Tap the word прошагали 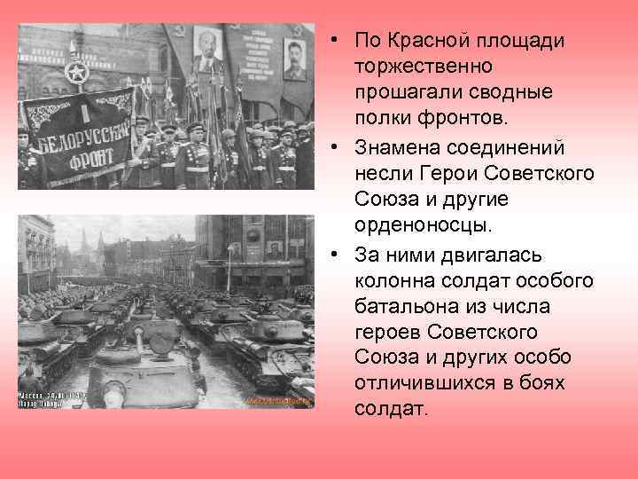point(401,93)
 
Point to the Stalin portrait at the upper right point(294,59)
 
